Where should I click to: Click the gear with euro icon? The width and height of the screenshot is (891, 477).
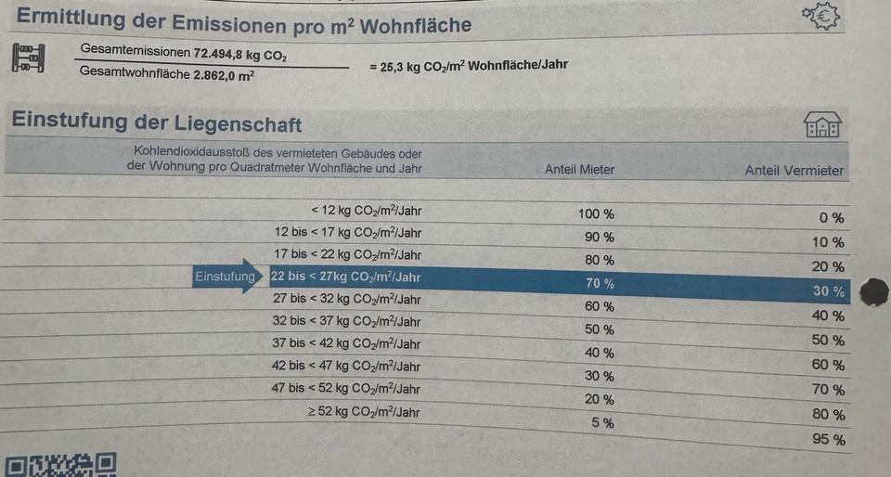tap(819, 16)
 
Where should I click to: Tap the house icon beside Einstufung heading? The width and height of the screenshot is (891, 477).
tap(821, 124)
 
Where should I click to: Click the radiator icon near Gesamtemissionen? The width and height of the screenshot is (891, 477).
tap(30, 58)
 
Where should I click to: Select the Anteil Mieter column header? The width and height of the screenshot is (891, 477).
tap(579, 170)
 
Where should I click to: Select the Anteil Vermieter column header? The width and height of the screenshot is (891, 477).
tap(794, 171)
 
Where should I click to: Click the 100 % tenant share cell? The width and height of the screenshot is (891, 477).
tap(596, 214)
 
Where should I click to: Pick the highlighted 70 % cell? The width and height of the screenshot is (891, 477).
tap(600, 283)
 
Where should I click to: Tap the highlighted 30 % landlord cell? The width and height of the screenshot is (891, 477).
tap(828, 291)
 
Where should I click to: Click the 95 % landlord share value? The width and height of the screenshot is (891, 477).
tap(828, 439)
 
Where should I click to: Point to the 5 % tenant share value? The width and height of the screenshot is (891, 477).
tap(602, 423)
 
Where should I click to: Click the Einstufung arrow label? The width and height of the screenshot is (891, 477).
tap(226, 277)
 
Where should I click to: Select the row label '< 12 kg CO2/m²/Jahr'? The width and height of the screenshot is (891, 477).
tap(366, 211)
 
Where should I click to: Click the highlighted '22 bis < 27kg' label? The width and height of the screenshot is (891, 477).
tap(345, 277)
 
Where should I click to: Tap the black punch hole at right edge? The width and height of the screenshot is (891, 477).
tap(874, 292)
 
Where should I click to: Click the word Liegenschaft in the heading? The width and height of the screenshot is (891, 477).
tap(236, 123)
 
